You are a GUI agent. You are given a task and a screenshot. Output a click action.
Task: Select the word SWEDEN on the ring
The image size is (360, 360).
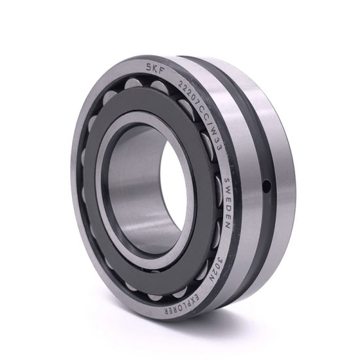pyautogui.click(x=227, y=203)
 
